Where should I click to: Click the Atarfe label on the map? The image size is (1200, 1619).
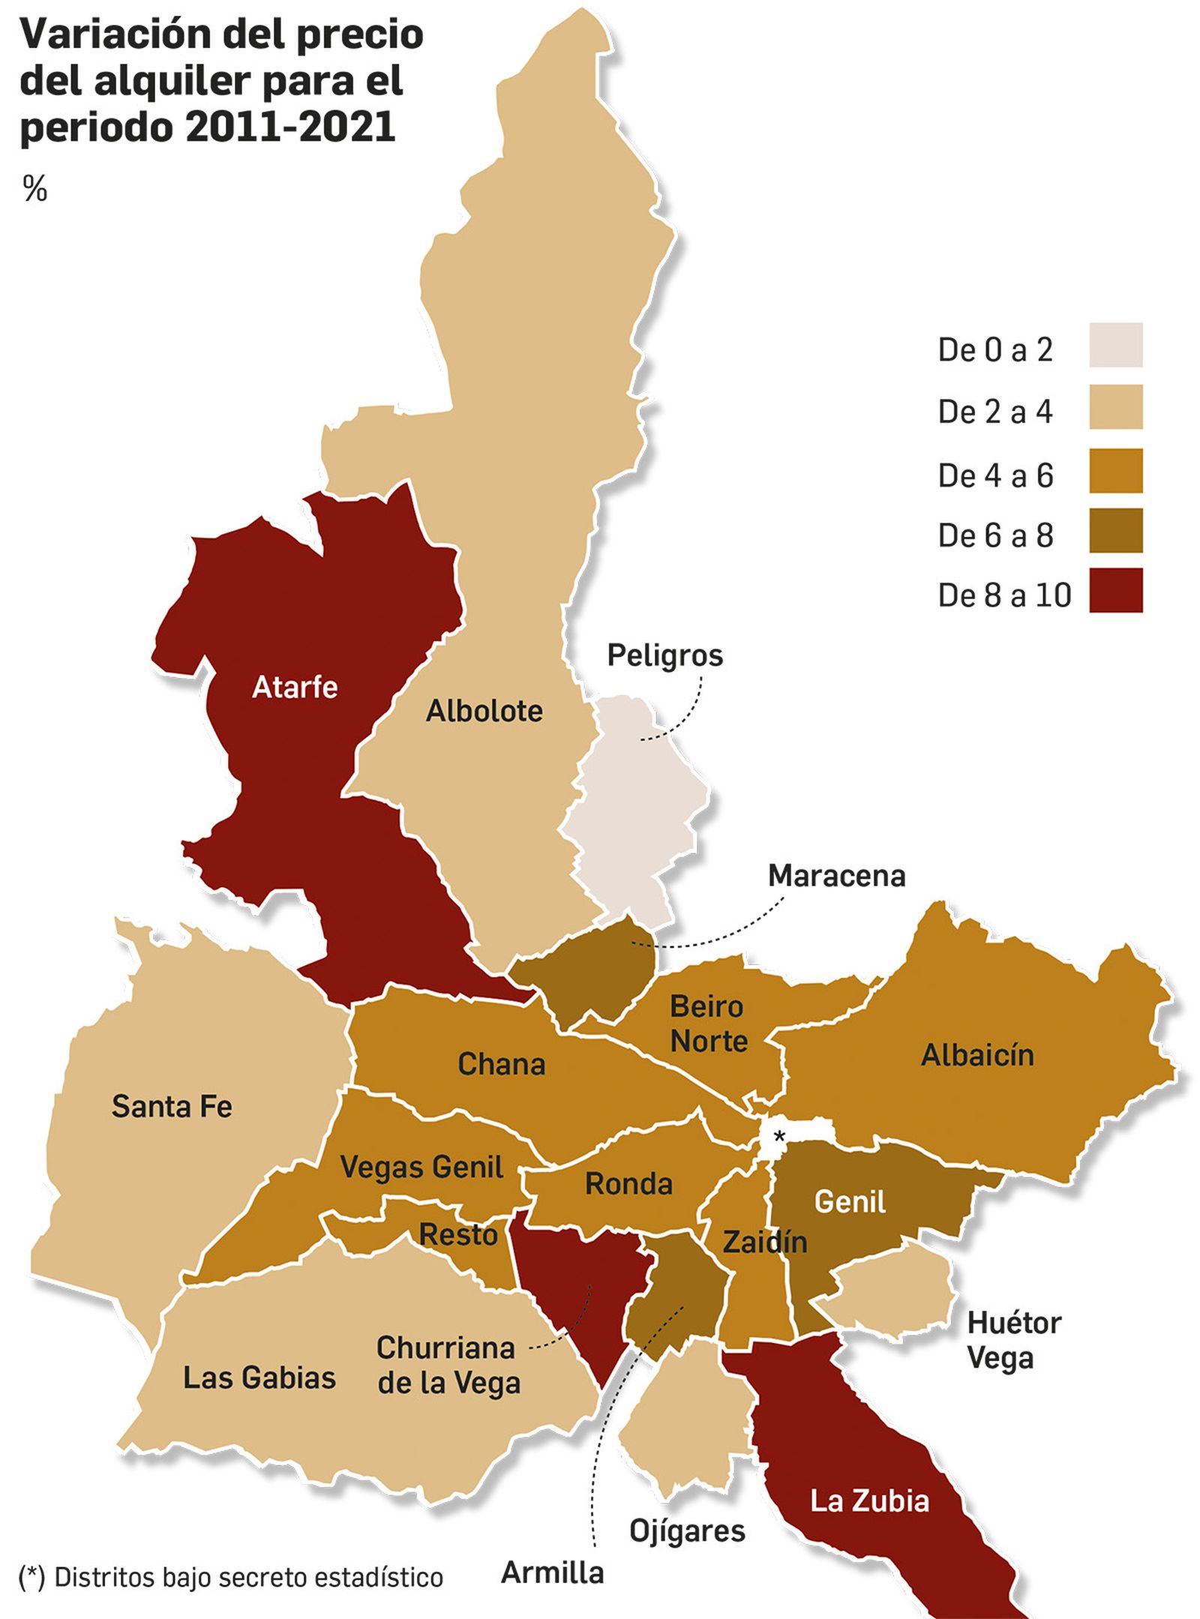coord(295,687)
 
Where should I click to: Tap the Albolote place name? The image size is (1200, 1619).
coord(484,711)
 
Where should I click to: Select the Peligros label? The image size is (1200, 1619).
coord(664,655)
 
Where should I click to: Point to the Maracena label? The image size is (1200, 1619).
coord(836,875)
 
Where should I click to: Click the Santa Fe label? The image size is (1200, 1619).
coord(172,1106)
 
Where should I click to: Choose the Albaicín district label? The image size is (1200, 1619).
coord(976,1055)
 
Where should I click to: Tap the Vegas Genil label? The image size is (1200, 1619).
coord(421,1167)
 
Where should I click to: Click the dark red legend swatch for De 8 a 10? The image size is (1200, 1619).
coord(1115,590)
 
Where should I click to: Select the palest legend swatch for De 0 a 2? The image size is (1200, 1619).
coord(1115,345)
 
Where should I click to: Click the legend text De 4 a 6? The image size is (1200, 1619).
coord(995,475)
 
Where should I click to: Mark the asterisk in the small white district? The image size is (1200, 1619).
coord(779,1137)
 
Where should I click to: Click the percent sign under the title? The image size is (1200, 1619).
coord(34,190)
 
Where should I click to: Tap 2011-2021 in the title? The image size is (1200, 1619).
coord(289,127)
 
